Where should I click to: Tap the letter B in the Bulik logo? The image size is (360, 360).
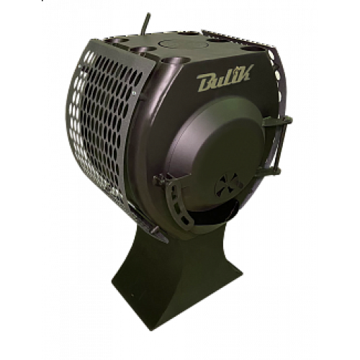pos(204,82)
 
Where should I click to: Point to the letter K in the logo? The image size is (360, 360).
pos(243,73)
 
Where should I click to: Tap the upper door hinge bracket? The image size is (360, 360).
pos(277,121)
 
